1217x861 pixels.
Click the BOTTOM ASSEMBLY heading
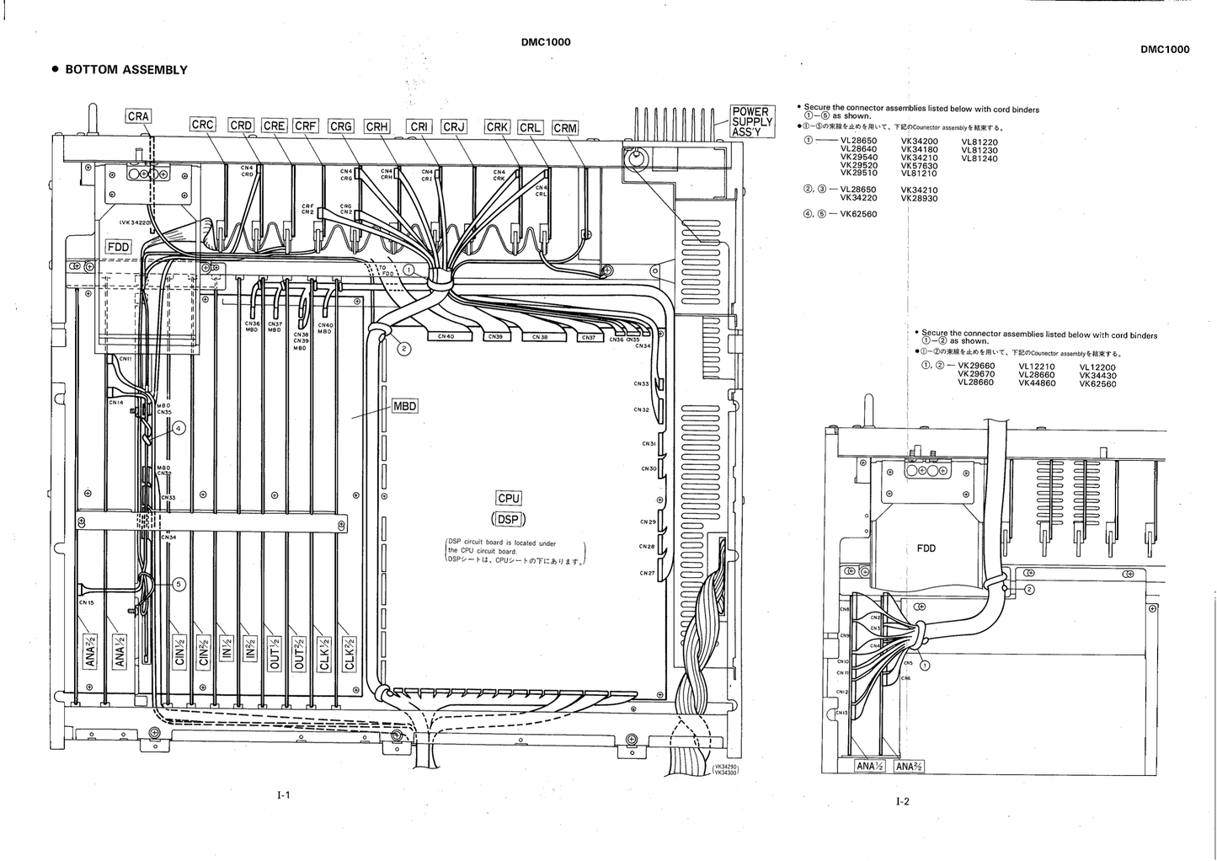tap(125, 70)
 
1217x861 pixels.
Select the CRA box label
tap(138, 116)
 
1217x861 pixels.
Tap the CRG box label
tap(340, 126)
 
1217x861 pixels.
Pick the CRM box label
tap(565, 128)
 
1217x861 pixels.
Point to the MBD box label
tap(405, 406)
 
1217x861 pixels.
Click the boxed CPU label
tap(509, 498)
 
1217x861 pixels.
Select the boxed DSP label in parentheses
tap(509, 519)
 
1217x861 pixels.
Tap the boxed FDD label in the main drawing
tap(118, 247)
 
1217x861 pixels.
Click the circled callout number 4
tap(179, 428)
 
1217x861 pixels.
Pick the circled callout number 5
tap(179, 583)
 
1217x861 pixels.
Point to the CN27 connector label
tap(646, 573)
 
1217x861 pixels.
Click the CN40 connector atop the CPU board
tap(446, 336)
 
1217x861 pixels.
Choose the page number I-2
tap(902, 801)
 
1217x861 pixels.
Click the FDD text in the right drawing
tap(926, 548)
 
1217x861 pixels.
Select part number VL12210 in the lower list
tap(1037, 366)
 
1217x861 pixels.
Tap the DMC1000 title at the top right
tap(1165, 49)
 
